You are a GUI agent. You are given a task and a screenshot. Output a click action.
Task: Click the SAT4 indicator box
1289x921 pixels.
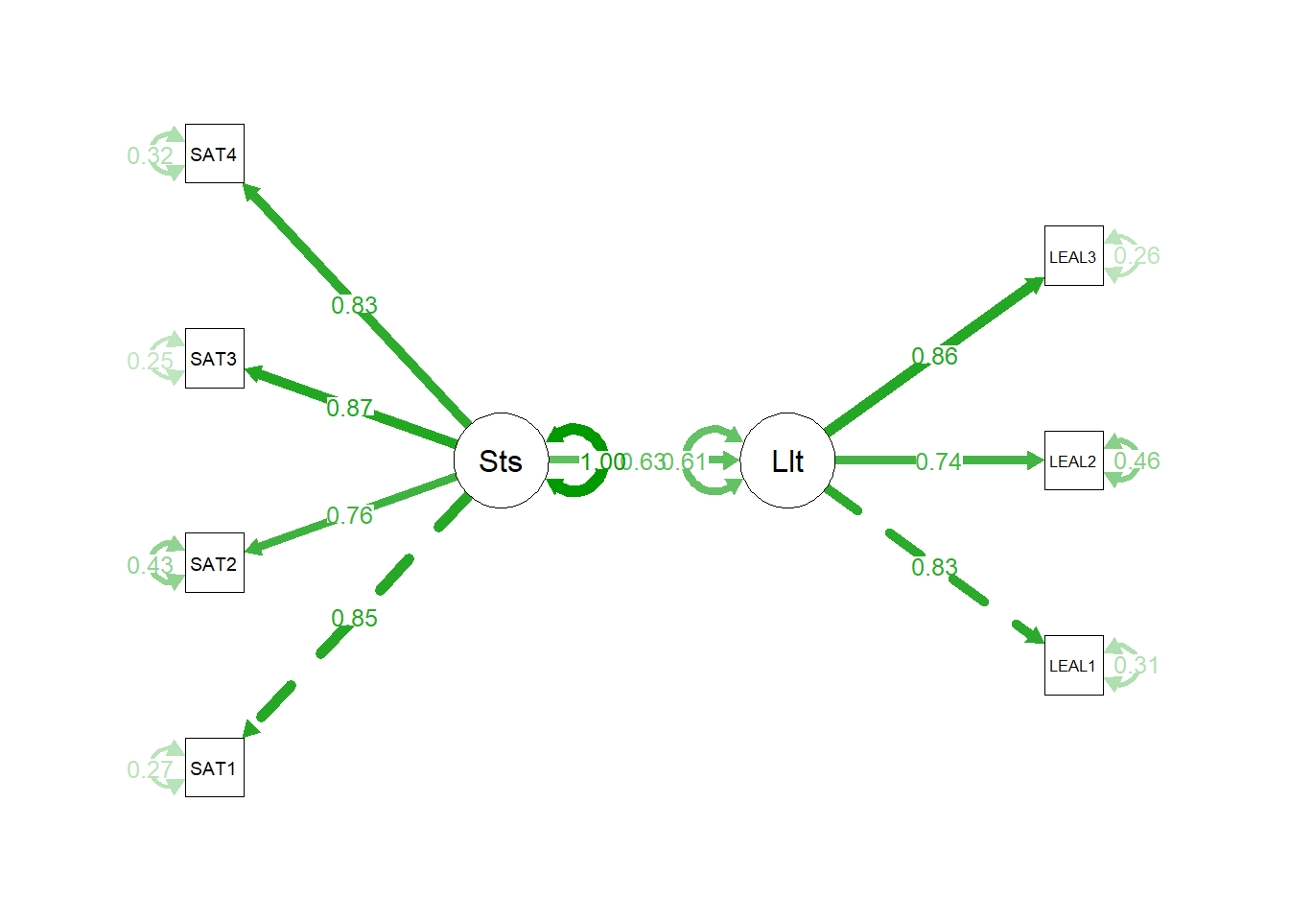click(x=214, y=153)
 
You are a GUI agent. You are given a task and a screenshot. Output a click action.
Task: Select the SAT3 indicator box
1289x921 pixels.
click(x=214, y=359)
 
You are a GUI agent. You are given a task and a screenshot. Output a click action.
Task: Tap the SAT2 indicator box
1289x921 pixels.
click(x=214, y=563)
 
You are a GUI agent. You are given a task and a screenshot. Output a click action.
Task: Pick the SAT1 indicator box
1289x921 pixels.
click(x=214, y=767)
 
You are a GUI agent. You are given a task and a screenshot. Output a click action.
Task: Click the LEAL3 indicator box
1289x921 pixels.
click(x=1073, y=256)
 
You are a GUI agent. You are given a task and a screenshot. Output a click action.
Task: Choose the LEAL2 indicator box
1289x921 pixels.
click(x=1073, y=460)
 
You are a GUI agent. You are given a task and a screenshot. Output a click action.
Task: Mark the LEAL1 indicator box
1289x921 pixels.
click(x=1073, y=665)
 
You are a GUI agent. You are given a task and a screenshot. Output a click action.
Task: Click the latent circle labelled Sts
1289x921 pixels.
click(x=501, y=460)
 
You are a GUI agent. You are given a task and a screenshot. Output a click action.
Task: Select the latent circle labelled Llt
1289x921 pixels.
click(x=787, y=460)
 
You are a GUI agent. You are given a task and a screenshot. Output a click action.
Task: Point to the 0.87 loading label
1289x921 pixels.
click(x=350, y=408)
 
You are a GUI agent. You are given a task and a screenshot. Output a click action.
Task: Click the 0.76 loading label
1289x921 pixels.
click(x=350, y=515)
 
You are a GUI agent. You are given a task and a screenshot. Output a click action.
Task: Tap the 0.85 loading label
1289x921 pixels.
click(x=354, y=618)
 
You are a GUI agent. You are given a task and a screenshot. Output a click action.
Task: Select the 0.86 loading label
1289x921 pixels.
click(x=934, y=356)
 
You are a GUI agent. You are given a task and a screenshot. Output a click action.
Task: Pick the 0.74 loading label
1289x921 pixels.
click(x=938, y=461)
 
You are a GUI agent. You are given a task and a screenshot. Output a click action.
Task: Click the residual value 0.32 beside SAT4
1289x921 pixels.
click(x=150, y=155)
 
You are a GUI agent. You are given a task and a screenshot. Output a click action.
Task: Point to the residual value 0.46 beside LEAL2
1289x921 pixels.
click(x=1137, y=460)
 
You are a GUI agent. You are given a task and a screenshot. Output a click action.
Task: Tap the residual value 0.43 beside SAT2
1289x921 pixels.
click(x=150, y=565)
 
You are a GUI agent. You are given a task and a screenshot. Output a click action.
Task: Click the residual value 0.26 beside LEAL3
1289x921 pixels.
click(x=1137, y=255)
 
